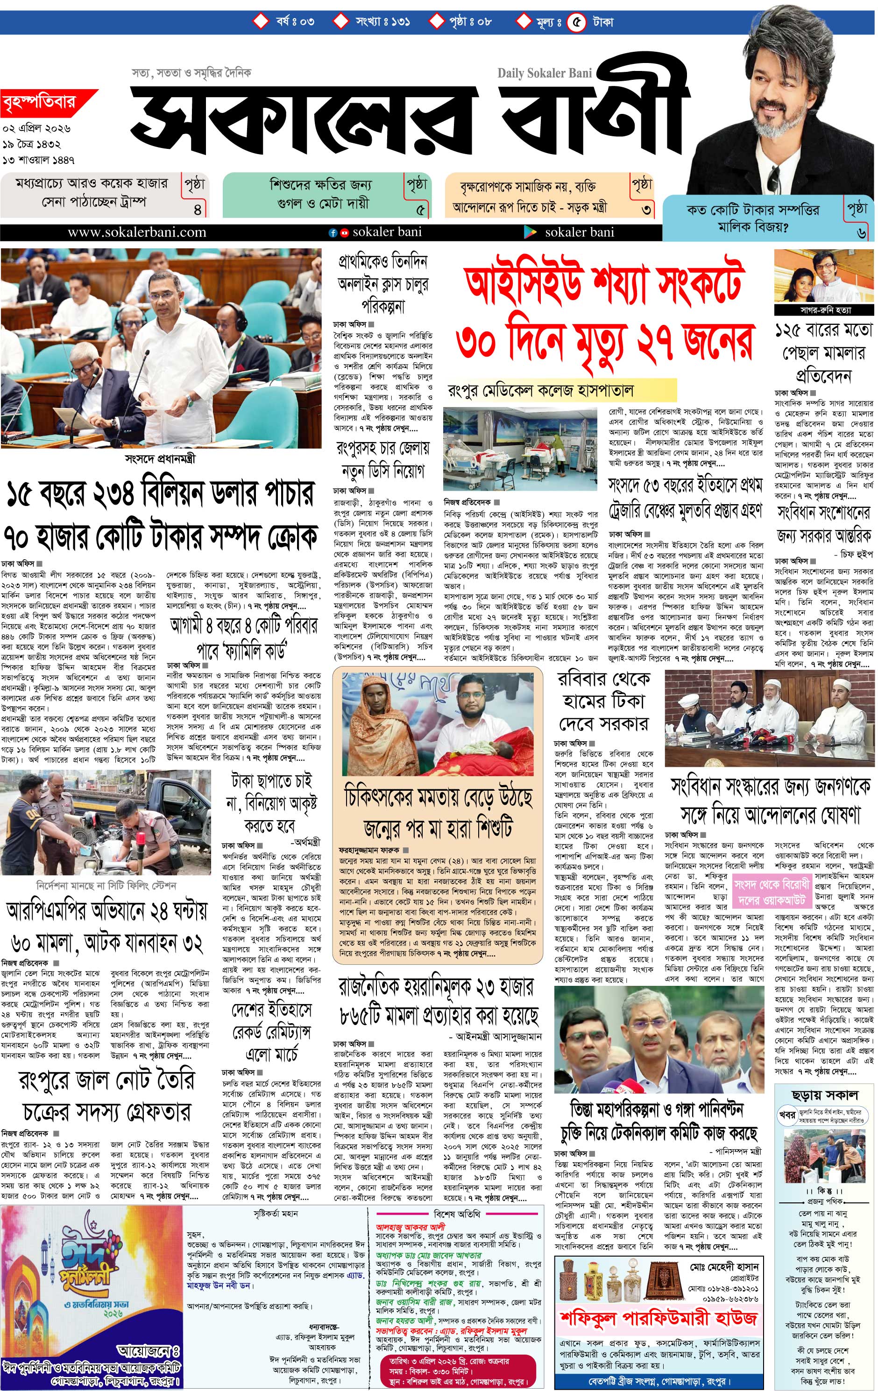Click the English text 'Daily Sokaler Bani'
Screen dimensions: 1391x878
pos(545,73)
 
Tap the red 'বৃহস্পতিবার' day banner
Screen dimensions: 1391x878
pos(39,105)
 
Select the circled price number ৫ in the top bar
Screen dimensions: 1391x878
pos(576,22)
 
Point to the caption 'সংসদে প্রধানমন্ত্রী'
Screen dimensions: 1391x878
pos(160,459)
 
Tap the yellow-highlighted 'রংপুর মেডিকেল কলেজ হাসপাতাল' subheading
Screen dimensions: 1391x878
pos(541,391)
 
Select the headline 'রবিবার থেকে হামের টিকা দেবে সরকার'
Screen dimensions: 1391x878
pos(603,701)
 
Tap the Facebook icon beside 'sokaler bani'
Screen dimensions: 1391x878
pos(333,233)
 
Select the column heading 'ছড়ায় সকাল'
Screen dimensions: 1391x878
pos(825,1094)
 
